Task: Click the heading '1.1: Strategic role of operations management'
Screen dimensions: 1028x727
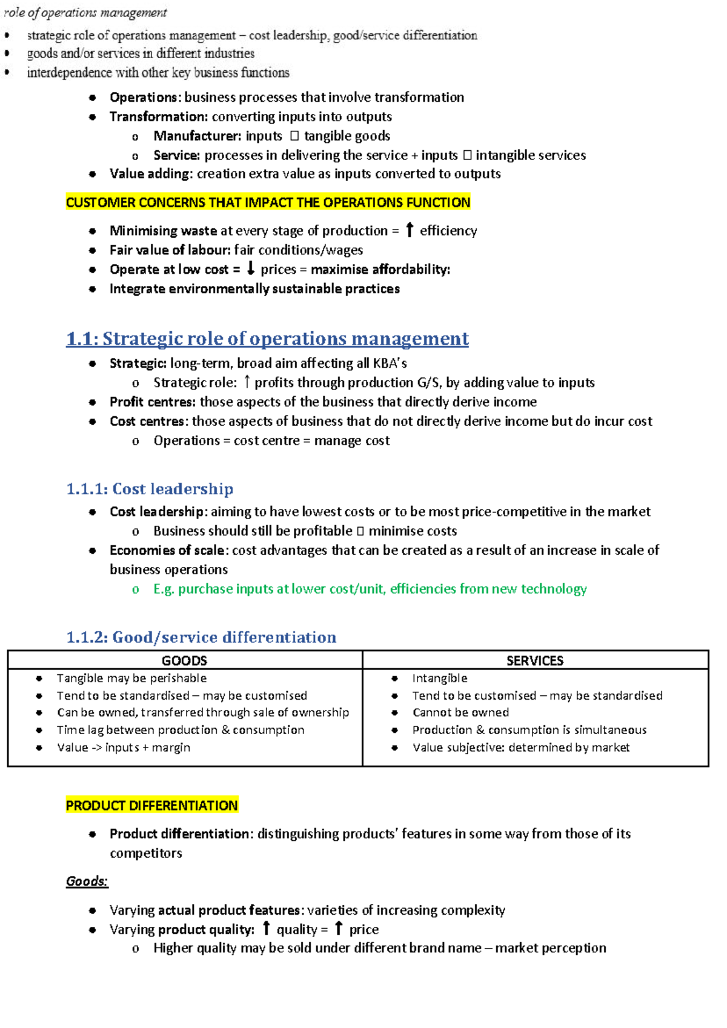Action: point(267,339)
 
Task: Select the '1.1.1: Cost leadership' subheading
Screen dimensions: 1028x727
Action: point(150,489)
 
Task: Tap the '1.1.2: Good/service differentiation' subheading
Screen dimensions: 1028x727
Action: point(201,637)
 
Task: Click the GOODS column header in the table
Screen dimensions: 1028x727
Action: point(184,660)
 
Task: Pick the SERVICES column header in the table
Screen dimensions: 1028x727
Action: point(535,660)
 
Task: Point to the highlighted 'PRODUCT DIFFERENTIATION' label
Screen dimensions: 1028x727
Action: point(151,806)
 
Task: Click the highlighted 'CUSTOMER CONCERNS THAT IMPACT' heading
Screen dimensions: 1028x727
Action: point(268,202)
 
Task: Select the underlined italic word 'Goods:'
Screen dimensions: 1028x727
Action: point(87,881)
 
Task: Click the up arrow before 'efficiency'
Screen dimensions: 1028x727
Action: point(410,230)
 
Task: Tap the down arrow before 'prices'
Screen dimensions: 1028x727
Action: point(250,268)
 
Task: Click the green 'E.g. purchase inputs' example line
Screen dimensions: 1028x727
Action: point(370,589)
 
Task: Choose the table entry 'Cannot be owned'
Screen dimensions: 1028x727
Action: point(460,712)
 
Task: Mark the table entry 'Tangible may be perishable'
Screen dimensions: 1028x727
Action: point(131,678)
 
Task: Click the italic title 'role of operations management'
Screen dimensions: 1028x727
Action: point(85,13)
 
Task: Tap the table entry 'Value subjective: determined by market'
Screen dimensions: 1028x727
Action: point(521,748)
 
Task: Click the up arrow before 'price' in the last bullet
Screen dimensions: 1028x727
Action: point(339,928)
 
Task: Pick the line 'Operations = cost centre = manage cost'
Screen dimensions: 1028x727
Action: point(271,441)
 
